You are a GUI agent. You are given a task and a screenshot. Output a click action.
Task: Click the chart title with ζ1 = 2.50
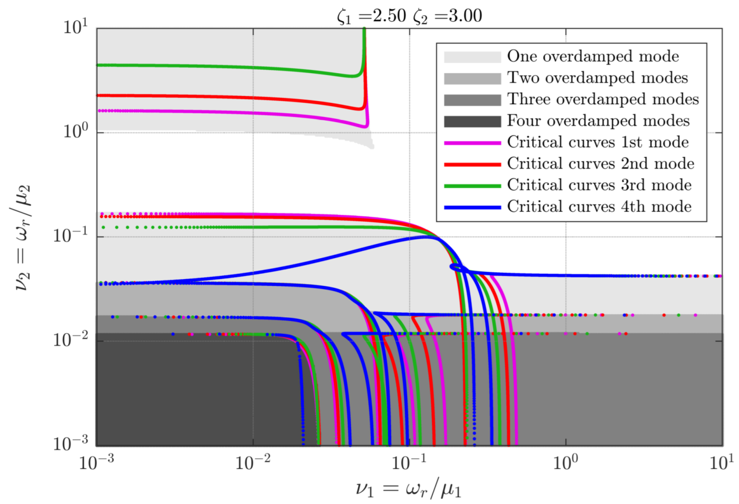[x=409, y=16]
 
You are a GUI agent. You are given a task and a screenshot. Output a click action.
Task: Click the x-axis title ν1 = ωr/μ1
[x=408, y=489]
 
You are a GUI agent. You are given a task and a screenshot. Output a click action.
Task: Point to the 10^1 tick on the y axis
[x=75, y=27]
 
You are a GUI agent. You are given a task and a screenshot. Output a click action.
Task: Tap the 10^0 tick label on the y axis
[x=75, y=130]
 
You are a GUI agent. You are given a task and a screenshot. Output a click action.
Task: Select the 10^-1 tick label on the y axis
[x=70, y=235]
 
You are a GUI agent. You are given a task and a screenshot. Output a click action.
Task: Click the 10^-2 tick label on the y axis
[x=70, y=339]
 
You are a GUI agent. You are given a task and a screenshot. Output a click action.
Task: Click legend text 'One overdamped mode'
[x=593, y=57]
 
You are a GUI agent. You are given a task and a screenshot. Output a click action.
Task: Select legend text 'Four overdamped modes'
[x=598, y=121]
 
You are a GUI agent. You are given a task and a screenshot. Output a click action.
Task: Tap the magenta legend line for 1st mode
[x=472, y=143]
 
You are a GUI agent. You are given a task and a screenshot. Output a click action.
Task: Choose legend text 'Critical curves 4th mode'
[x=599, y=207]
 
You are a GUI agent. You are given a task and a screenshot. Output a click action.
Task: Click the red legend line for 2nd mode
[x=472, y=164]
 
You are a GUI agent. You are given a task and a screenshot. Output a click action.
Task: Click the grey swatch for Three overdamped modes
[x=472, y=100]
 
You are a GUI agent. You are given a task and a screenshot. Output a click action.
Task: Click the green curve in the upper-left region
[x=218, y=67]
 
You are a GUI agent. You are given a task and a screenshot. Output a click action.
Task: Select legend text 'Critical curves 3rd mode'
[x=599, y=185]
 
